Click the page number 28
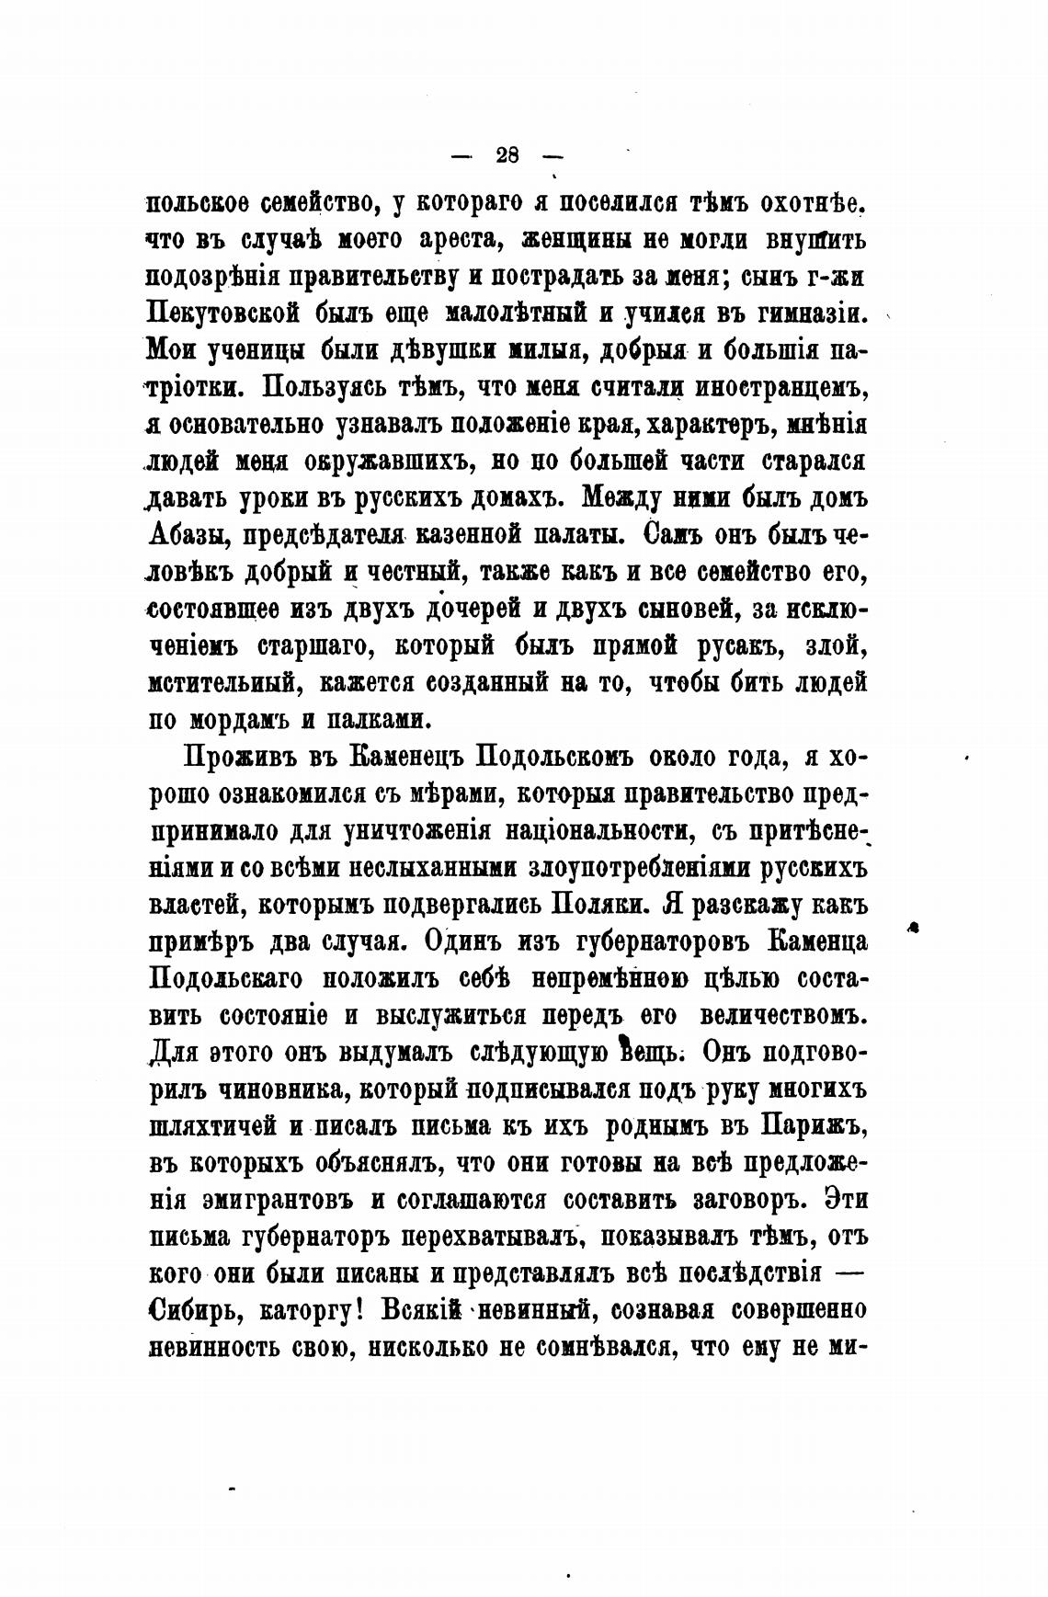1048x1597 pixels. tap(507, 154)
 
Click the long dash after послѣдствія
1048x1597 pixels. tap(851, 1274)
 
